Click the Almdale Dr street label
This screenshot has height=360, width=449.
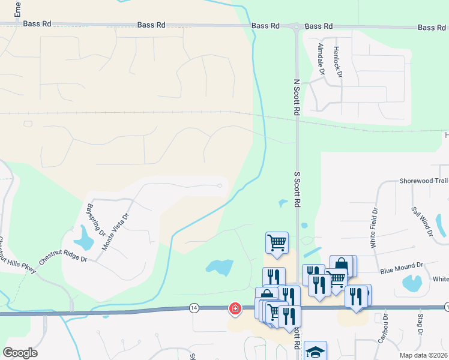[321, 59]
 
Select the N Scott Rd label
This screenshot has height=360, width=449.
[296, 96]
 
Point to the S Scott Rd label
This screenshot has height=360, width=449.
[296, 188]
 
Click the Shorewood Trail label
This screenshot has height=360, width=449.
[424, 181]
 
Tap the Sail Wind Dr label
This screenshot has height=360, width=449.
[422, 222]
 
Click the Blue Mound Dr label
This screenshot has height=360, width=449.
[402, 265]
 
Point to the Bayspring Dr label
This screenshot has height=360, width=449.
[96, 220]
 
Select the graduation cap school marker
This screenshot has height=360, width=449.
[315, 351]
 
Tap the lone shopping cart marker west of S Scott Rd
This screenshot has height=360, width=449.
[277, 242]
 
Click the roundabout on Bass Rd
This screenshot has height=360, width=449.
[296, 26]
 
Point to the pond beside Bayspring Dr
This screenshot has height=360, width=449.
[86, 238]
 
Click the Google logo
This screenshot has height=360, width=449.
[20, 353]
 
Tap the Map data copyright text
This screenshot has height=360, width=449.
[423, 355]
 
